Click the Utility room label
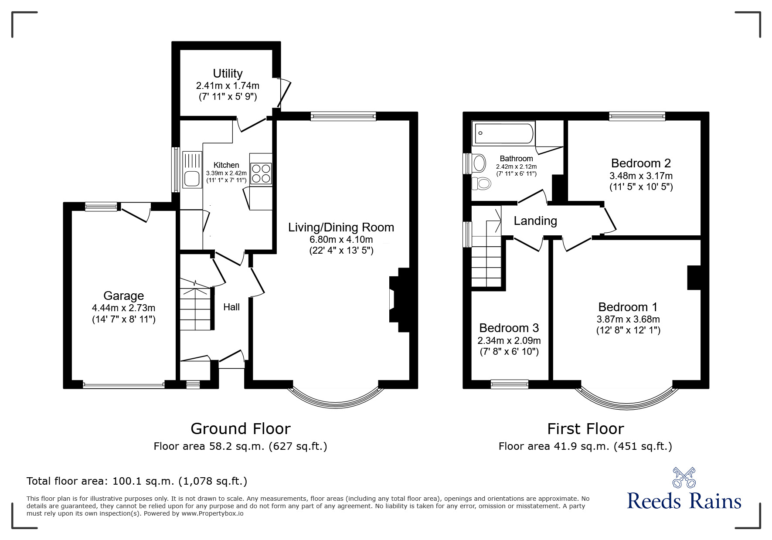tap(228, 73)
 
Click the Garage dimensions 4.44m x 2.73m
tap(123, 308)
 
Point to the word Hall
tap(231, 307)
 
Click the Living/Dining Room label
tap(341, 227)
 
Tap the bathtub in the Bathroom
tap(504, 133)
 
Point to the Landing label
tap(535, 221)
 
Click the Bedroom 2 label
tap(641, 163)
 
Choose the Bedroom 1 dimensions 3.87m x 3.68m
tap(628, 319)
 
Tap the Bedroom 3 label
tap(509, 328)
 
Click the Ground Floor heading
tap(240, 429)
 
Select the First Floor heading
tap(585, 429)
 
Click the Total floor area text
tap(137, 481)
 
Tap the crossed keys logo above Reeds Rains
tap(684, 478)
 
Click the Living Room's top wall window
tap(343, 116)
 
